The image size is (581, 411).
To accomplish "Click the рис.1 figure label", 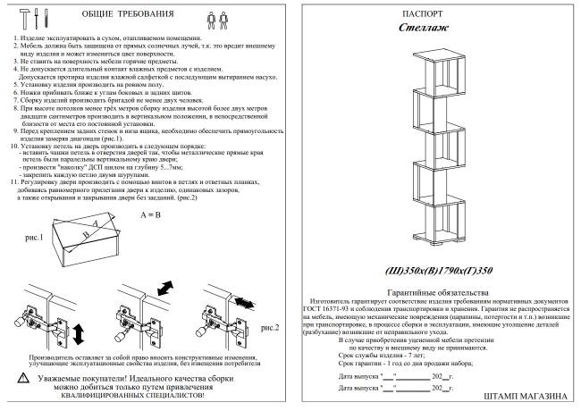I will click(x=36, y=239).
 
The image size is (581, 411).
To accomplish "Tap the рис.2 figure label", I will click(x=270, y=328).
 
